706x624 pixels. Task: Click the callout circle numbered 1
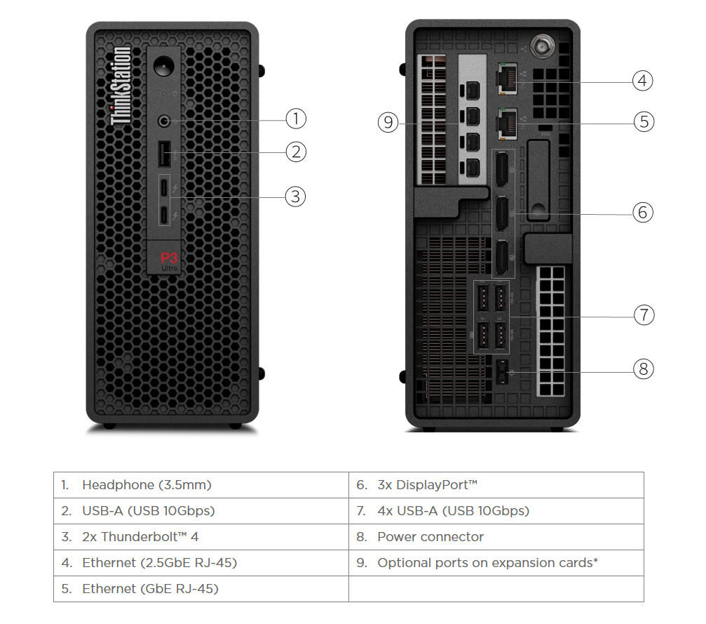[x=297, y=119]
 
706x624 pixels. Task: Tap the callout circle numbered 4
[x=642, y=81]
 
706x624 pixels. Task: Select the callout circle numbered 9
[x=388, y=123]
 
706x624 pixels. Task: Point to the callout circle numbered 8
[x=643, y=369]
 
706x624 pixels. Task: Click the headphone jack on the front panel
[x=164, y=121]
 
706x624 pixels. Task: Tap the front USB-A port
[x=163, y=152]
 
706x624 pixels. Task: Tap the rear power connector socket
[x=502, y=371]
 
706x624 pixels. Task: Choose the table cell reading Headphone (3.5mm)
[x=201, y=485]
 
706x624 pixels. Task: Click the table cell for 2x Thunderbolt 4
[x=201, y=537]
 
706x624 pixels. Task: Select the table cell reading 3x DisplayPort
[x=496, y=485]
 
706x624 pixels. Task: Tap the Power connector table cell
[x=496, y=537]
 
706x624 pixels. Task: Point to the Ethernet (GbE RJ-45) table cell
[x=201, y=589]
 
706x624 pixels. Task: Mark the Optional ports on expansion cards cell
[x=496, y=563]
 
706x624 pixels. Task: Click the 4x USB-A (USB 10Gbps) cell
[x=496, y=511]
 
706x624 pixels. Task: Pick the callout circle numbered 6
[x=642, y=212]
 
